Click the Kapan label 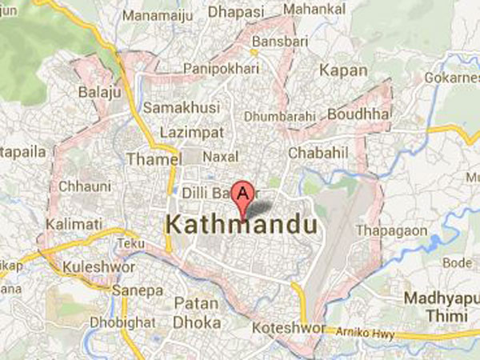tap(344, 70)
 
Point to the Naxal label tap(222, 157)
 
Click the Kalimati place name tap(70, 225)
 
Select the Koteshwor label tap(284, 329)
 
